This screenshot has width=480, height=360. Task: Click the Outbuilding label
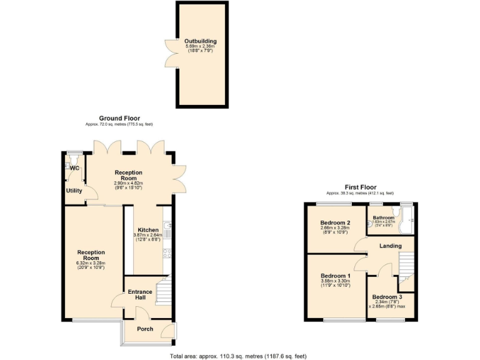(201, 41)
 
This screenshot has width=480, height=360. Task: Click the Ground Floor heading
(119, 118)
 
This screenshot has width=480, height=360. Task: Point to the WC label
(74, 168)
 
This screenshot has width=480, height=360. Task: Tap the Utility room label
(74, 191)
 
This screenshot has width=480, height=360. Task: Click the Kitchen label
(147, 230)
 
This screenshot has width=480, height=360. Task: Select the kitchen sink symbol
(167, 226)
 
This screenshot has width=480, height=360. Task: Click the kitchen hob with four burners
(167, 253)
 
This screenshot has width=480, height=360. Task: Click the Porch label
(145, 329)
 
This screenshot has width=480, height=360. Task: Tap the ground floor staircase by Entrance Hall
(163, 291)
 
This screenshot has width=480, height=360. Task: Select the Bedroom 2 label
(334, 222)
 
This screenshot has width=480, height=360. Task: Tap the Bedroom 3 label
(386, 297)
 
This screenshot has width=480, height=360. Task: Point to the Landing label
(390, 246)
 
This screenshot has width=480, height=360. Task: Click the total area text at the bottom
(238, 356)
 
